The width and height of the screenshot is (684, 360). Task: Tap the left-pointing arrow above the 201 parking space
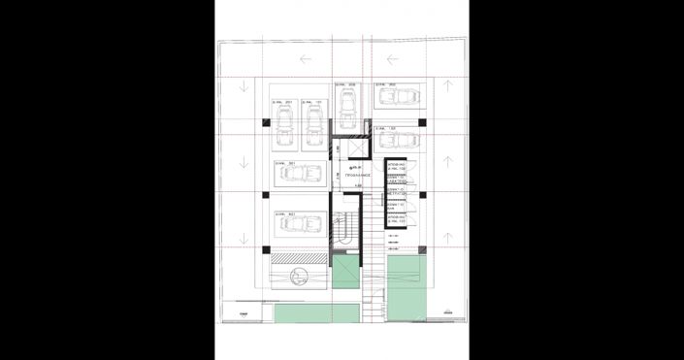[307, 60]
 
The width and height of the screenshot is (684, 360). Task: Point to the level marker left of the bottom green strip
[243, 314]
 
